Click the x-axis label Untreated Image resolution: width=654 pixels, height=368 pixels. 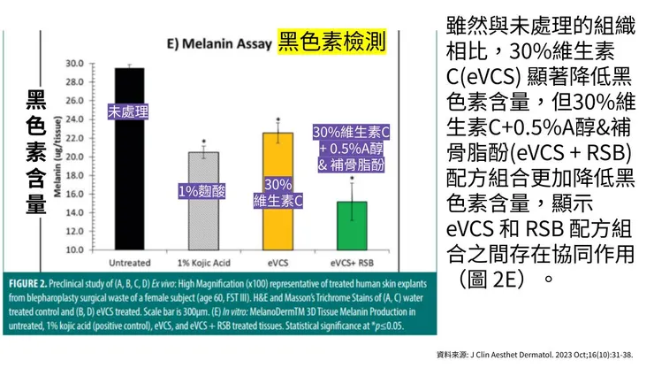coord(129,264)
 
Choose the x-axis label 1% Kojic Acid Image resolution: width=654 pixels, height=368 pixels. coord(203,264)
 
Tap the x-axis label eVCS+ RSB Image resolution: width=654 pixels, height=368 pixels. coord(351,264)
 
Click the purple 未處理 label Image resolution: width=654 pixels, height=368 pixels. coord(129,112)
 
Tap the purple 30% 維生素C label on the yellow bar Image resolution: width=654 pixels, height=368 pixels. coord(278,192)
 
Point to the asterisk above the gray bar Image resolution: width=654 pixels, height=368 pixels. coord(203,142)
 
